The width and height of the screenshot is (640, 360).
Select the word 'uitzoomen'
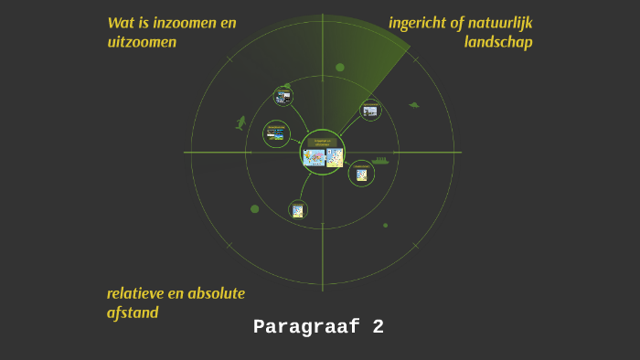coord(142,42)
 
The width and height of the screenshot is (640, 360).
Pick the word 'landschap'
coord(498,42)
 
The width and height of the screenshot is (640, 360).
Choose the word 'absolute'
coord(216,293)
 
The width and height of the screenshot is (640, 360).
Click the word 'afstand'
coord(133,312)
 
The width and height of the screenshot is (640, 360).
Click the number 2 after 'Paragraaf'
coord(379,327)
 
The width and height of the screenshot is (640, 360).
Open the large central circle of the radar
coord(323,153)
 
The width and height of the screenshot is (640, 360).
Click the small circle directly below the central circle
coord(298,209)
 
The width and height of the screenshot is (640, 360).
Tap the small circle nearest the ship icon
coord(361,173)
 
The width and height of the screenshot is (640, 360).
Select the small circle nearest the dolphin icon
coord(276,133)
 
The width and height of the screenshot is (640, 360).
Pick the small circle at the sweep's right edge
coord(370,111)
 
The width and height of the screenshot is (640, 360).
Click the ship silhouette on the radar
coord(380,161)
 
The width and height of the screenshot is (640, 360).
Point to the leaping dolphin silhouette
coord(241,122)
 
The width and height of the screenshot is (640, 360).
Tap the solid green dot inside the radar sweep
coord(340,68)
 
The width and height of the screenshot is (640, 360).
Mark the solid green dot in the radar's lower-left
coord(254,209)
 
